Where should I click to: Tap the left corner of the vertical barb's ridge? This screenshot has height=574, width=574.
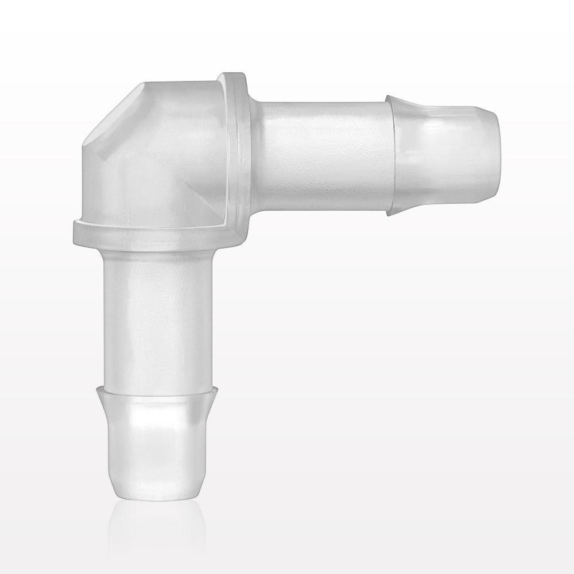click(x=98, y=390)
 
